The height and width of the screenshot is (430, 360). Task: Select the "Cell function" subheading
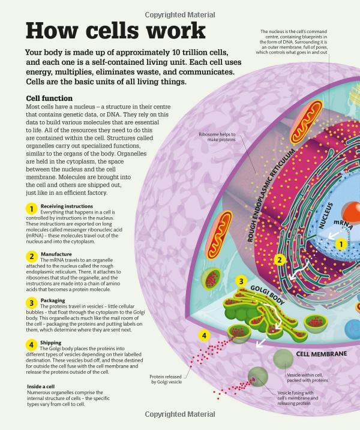[49, 98]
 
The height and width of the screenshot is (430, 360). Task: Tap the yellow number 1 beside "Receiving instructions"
[31, 209]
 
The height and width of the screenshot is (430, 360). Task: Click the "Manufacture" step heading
[56, 254]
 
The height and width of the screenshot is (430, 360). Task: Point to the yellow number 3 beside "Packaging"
[31, 303]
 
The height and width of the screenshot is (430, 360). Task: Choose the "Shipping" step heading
[51, 342]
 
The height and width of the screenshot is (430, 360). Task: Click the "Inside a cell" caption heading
[41, 386]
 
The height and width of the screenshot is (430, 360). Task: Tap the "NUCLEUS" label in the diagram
[326, 215]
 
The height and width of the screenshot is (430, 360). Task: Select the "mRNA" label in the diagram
[344, 224]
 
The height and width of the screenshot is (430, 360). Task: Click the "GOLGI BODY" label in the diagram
[267, 295]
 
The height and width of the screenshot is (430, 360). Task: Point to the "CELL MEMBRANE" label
[322, 354]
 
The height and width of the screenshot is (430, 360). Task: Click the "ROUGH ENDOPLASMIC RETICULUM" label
[271, 195]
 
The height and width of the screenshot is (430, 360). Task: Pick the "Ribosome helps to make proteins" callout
[217, 137]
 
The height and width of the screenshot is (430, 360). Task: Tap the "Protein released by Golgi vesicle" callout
[166, 379]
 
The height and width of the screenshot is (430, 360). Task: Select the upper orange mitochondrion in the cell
[307, 121]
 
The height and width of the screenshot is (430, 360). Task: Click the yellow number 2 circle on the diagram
[280, 260]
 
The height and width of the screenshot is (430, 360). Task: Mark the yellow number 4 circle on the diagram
[204, 335]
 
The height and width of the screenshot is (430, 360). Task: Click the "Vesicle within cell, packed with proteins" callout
[307, 378]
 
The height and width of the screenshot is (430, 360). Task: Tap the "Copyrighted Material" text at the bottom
[180, 414]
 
